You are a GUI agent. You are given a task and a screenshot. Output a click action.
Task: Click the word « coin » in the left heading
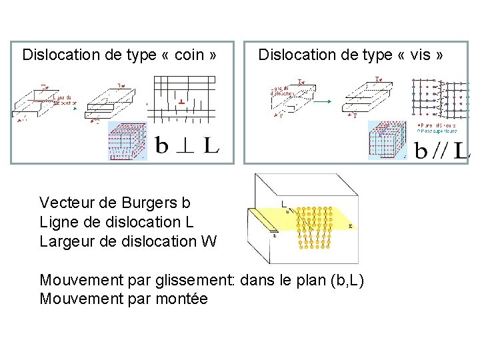[189, 55]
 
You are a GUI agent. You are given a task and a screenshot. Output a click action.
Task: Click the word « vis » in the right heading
[422, 55]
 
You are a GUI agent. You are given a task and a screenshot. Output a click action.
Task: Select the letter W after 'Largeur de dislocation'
[208, 241]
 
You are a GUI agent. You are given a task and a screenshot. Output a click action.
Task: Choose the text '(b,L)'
[347, 281]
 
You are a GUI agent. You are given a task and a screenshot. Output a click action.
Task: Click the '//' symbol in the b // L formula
[439, 151]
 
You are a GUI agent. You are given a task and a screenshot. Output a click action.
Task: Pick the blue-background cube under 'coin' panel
[127, 141]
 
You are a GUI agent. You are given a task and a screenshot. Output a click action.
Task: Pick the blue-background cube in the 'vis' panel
[387, 140]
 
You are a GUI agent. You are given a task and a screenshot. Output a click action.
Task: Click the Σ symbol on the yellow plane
[351, 227]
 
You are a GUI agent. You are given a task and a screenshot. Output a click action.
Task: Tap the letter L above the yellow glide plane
[283, 203]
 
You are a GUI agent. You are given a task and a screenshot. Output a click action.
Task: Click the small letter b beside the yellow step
[275, 235]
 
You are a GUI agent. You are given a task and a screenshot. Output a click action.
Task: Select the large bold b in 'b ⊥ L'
[162, 145]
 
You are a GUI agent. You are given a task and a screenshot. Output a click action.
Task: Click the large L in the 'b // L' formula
[461, 151]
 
